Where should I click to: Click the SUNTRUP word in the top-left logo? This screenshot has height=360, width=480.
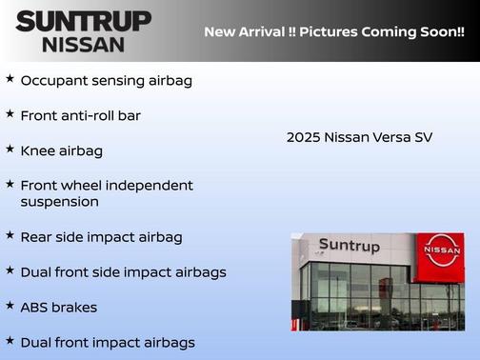83,21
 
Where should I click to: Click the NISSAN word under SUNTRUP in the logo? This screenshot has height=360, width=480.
83,44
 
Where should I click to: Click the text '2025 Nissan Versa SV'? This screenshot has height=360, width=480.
359,137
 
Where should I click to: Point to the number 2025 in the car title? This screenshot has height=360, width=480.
303,137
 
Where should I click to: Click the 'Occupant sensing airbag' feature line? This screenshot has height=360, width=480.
106,80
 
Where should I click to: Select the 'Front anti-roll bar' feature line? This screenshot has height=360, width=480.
87,115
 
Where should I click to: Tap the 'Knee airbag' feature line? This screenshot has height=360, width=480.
61,150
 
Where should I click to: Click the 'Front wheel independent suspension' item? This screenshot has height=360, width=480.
106,193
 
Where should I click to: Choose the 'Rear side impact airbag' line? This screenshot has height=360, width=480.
101,237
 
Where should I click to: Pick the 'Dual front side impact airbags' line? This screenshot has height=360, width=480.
123,272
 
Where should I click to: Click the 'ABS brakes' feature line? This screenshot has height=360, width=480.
58,308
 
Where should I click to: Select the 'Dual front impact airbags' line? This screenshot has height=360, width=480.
107,342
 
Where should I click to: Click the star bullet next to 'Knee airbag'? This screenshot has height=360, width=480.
10,149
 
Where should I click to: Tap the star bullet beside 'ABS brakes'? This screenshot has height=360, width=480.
10,306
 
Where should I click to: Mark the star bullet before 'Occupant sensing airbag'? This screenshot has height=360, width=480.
10,78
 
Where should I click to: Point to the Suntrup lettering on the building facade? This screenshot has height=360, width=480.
349,246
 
